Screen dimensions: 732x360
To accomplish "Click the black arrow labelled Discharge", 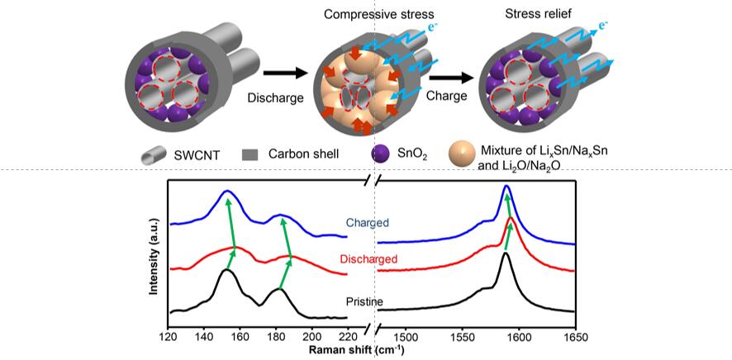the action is [286, 73].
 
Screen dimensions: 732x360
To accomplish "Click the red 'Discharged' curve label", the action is [369, 258].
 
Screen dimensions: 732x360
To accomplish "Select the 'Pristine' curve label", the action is [364, 301].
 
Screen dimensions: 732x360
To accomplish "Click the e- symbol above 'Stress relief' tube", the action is [605, 25].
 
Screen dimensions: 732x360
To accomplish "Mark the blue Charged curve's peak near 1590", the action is [506, 186].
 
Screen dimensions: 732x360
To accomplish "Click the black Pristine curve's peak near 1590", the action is [506, 253].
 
